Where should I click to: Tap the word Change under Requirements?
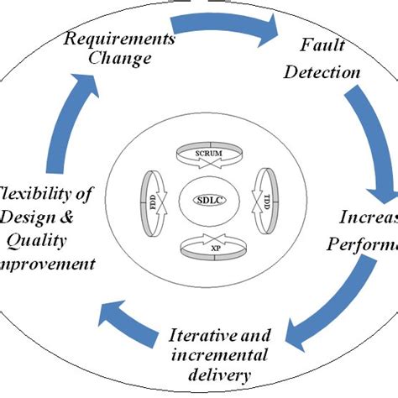tap(122, 59)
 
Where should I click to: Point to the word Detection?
tap(322, 72)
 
